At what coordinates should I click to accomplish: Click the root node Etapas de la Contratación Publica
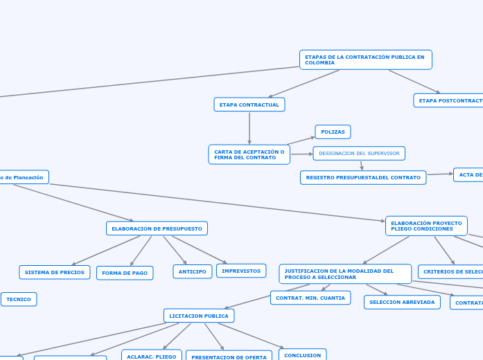[x=365, y=60]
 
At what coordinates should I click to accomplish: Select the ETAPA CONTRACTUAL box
[x=249, y=105]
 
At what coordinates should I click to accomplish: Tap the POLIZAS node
[x=333, y=132]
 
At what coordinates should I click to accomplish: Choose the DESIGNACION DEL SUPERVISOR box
[x=359, y=153]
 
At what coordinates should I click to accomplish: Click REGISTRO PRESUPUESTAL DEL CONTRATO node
[x=363, y=178]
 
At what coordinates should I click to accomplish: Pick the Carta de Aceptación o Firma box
[x=249, y=154]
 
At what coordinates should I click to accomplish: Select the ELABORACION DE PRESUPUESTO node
[x=157, y=228]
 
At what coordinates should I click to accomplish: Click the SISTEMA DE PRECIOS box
[x=55, y=273]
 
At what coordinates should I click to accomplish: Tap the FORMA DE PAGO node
[x=125, y=273]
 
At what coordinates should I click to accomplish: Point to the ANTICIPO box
[x=193, y=271]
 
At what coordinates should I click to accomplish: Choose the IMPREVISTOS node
[x=241, y=271]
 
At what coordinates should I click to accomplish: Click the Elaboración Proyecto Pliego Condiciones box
[x=426, y=226]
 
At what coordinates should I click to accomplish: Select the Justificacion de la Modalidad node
[x=345, y=274]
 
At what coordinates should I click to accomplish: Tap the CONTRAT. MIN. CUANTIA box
[x=310, y=298]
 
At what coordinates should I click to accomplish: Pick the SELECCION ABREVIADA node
[x=402, y=302]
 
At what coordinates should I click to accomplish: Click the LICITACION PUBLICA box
[x=199, y=316]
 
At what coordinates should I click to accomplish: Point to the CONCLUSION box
[x=302, y=355]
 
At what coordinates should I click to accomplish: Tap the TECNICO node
[x=19, y=299]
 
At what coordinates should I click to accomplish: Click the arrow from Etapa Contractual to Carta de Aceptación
[x=249, y=128]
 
